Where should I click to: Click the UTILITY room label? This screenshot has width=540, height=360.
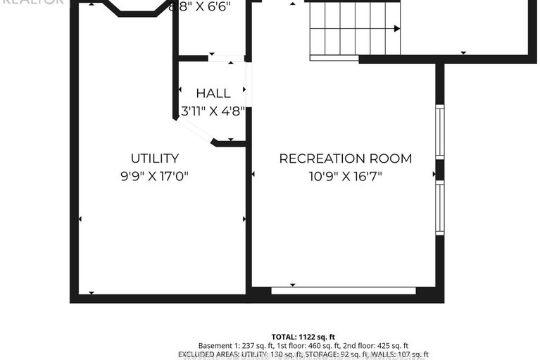(154, 159)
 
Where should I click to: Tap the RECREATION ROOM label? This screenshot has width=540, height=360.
(346, 159)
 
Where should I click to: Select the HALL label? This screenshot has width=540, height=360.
(213, 93)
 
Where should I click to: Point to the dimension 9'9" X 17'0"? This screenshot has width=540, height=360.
(154, 176)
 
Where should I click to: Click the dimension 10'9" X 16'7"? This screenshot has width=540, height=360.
(346, 176)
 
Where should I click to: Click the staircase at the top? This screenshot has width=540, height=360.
(354, 28)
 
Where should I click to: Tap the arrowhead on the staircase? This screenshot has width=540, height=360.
(397, 29)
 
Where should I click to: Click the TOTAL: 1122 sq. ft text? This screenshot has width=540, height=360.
(304, 337)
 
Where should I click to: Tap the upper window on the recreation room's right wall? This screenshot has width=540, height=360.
(439, 132)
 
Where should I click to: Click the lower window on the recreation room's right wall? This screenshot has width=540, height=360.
(439, 209)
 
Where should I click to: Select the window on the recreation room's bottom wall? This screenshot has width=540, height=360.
(343, 290)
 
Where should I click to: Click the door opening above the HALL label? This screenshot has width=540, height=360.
(227, 58)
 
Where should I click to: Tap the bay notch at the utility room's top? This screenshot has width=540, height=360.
(137, 9)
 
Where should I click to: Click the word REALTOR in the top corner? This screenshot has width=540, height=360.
(32, 2)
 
